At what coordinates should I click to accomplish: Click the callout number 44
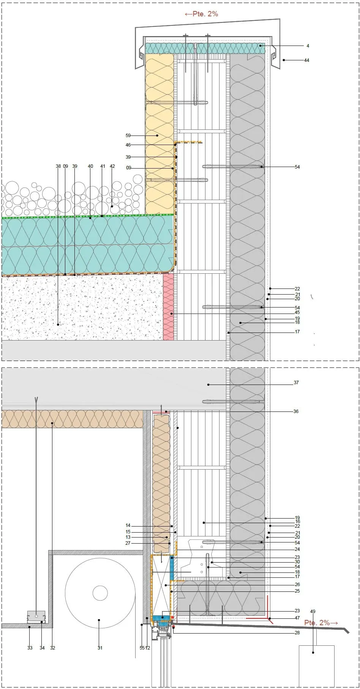click(x=306, y=60)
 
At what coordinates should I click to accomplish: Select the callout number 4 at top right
click(x=308, y=46)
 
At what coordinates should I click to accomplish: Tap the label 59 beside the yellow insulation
click(x=128, y=136)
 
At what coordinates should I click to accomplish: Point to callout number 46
click(x=128, y=145)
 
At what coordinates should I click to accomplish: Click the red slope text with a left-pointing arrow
click(x=201, y=14)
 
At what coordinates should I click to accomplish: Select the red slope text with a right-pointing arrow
click(x=321, y=623)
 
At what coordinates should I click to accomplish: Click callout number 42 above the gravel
click(x=112, y=166)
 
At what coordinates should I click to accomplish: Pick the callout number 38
click(x=58, y=166)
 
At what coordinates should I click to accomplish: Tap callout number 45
click(x=297, y=312)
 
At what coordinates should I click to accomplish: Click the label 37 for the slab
click(x=296, y=383)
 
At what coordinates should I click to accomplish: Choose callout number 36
click(x=296, y=411)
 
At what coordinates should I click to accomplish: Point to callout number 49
click(x=313, y=612)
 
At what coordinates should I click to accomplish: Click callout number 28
click(x=297, y=633)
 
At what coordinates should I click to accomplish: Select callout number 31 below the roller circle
click(x=100, y=648)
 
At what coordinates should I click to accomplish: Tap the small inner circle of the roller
click(x=100, y=593)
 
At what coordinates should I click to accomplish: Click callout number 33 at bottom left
click(x=30, y=648)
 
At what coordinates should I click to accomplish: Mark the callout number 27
click(x=128, y=543)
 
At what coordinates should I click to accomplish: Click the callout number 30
click(x=297, y=562)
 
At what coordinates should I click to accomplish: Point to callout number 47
click(x=297, y=618)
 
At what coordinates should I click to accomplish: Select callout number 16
click(x=297, y=522)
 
